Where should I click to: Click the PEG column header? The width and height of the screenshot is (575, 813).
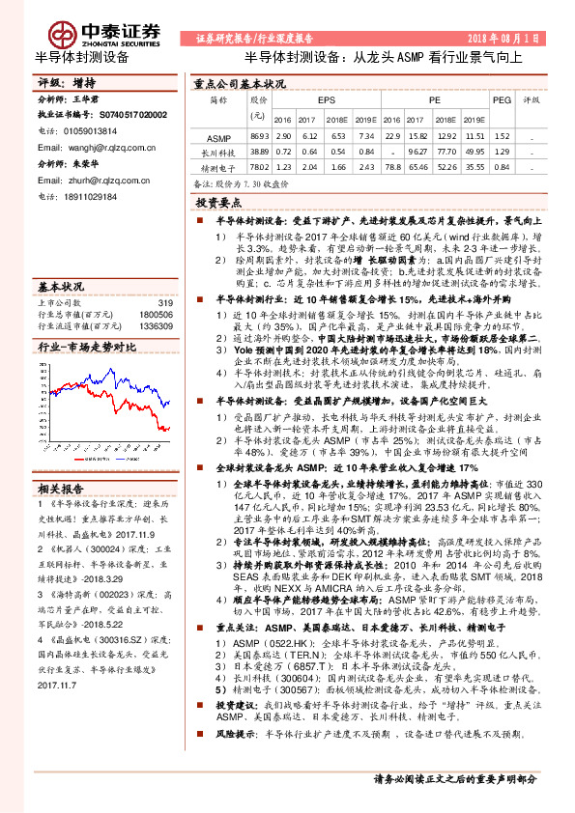[x=502, y=100]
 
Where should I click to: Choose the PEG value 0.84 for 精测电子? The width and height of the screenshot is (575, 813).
[x=503, y=166]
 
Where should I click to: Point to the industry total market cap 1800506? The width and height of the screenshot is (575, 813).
[x=156, y=315]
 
